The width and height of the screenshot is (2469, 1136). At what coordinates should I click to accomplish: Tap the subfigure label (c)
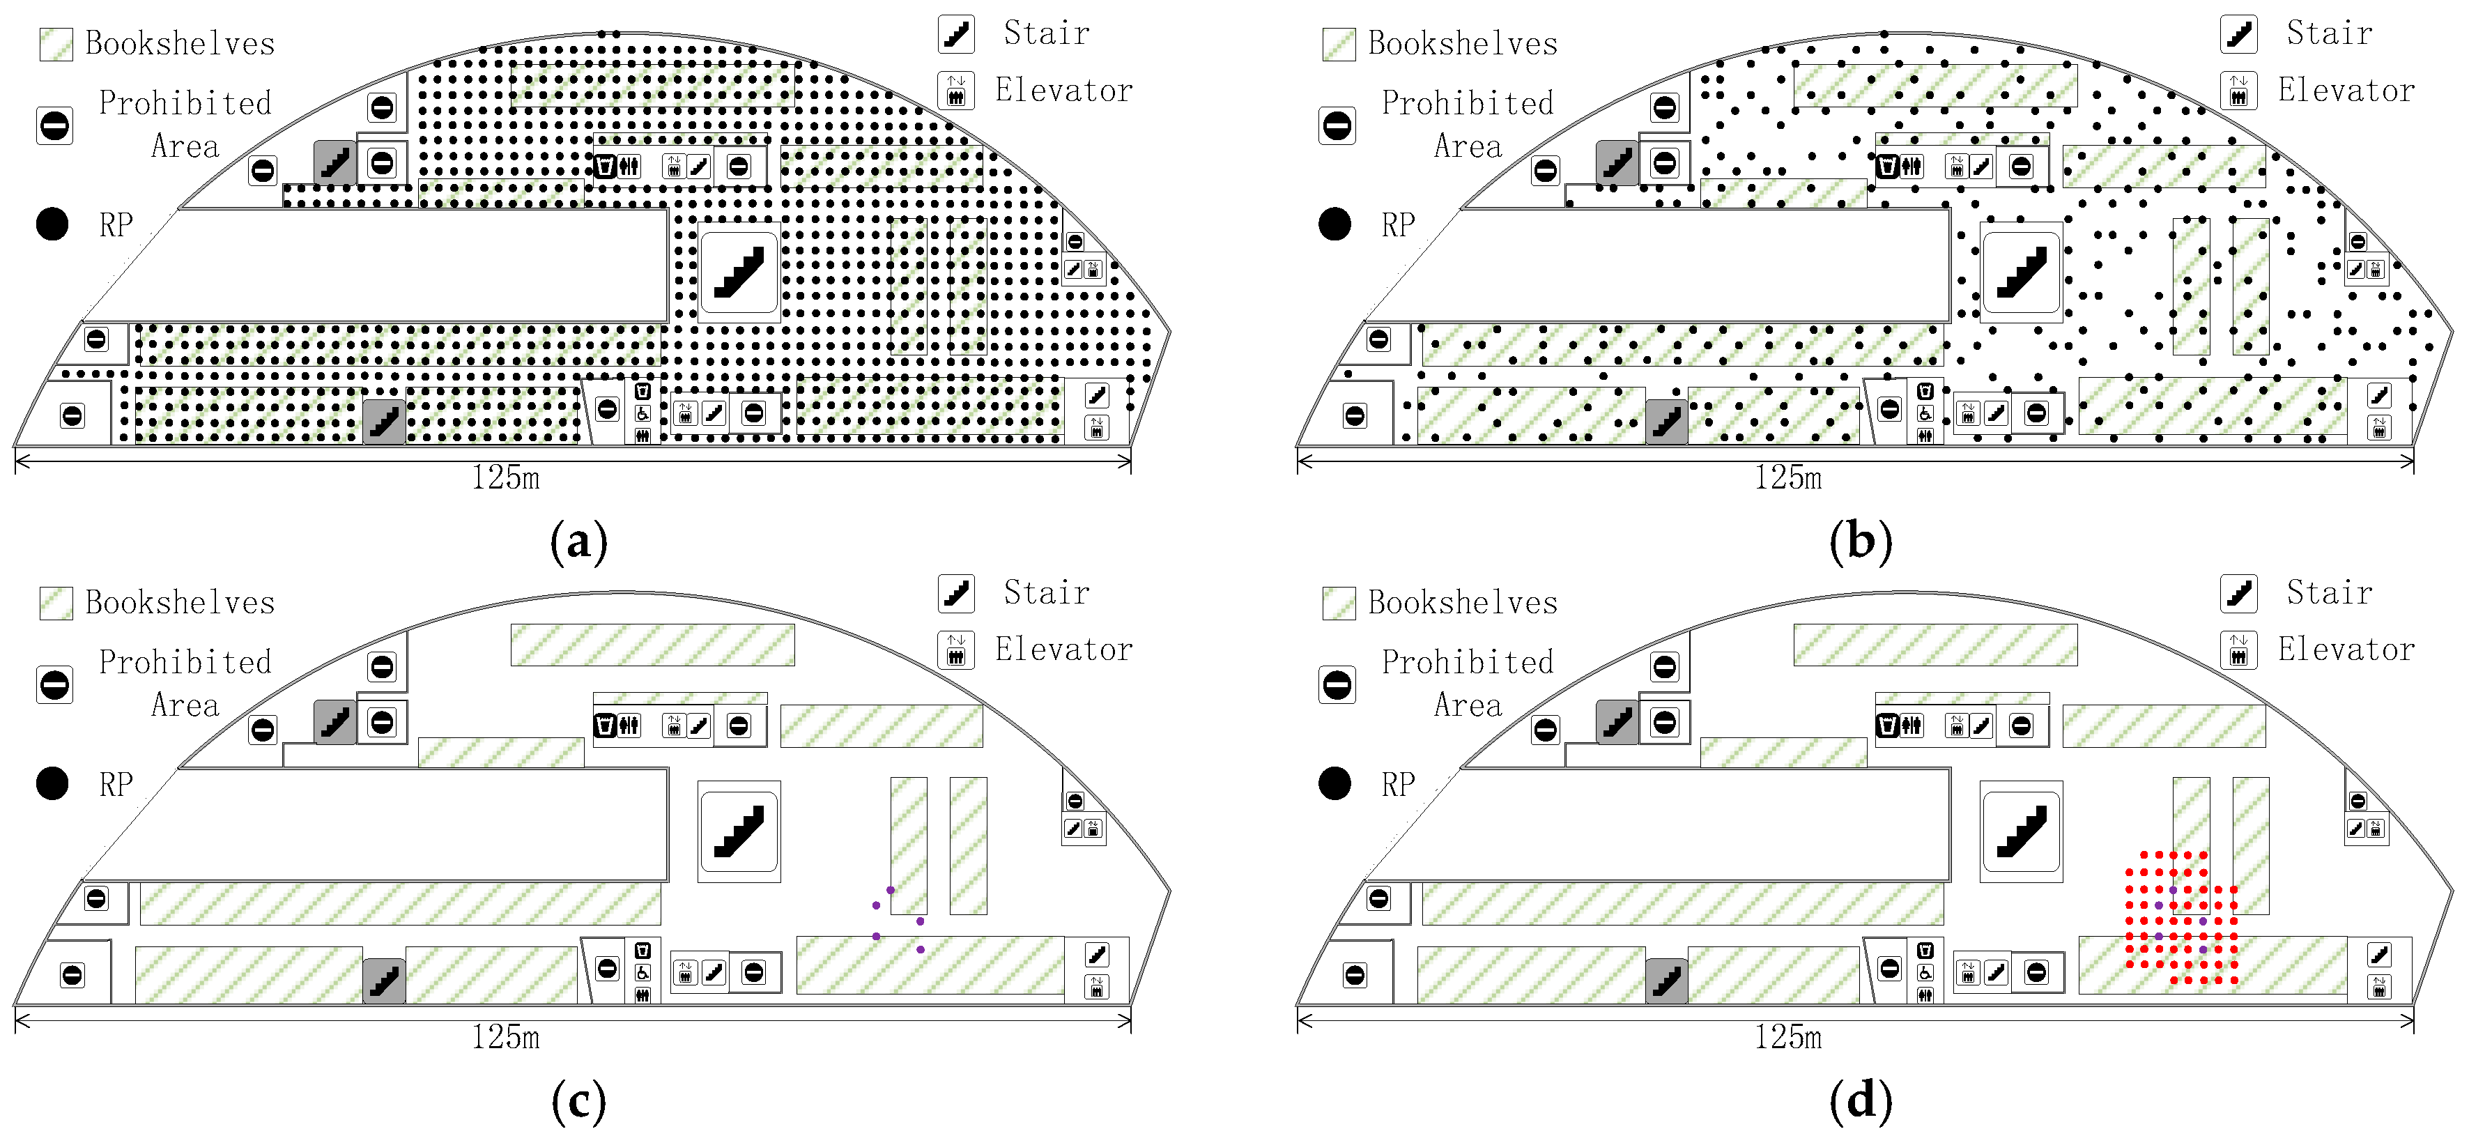pos(579,1101)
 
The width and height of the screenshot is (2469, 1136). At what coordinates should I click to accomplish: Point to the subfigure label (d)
pos(1861,1101)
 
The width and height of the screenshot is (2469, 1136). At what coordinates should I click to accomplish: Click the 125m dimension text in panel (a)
pos(505,477)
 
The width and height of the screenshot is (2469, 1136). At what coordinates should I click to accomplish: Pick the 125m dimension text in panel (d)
pos(1787,1036)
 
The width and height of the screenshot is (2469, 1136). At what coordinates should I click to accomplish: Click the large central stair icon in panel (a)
pos(739,273)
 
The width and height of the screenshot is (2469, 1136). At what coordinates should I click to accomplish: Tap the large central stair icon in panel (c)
pos(739,831)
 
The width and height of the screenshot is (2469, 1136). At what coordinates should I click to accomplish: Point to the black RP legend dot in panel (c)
pos(53,783)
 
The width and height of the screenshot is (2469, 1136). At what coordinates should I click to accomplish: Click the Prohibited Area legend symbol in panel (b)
pos(1337,125)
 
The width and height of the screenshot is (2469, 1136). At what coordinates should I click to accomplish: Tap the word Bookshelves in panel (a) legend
pos(180,43)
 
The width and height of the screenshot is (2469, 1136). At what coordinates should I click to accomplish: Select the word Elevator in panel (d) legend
pos(2346,649)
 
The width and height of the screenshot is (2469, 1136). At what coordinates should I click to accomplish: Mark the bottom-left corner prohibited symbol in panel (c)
pos(72,975)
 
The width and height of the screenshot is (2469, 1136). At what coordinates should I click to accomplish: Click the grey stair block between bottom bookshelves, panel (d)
pos(1667,981)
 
